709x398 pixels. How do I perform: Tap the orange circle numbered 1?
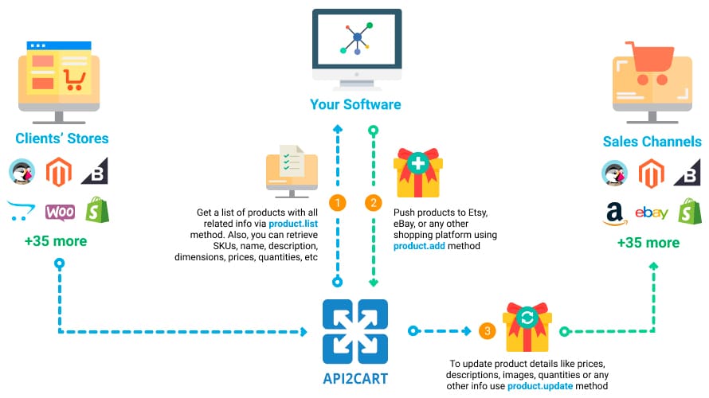tap(338, 203)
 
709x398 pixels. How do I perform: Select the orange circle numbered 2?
tap(371, 203)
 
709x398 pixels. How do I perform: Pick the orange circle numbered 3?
tap(486, 330)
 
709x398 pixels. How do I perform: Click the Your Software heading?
tap(355, 104)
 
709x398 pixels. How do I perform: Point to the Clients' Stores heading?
tap(61, 139)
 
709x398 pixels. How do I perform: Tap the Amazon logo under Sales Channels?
tap(613, 213)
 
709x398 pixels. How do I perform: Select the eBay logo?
tap(651, 213)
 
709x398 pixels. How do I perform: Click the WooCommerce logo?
tap(61, 212)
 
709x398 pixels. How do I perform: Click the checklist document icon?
tap(291, 165)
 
